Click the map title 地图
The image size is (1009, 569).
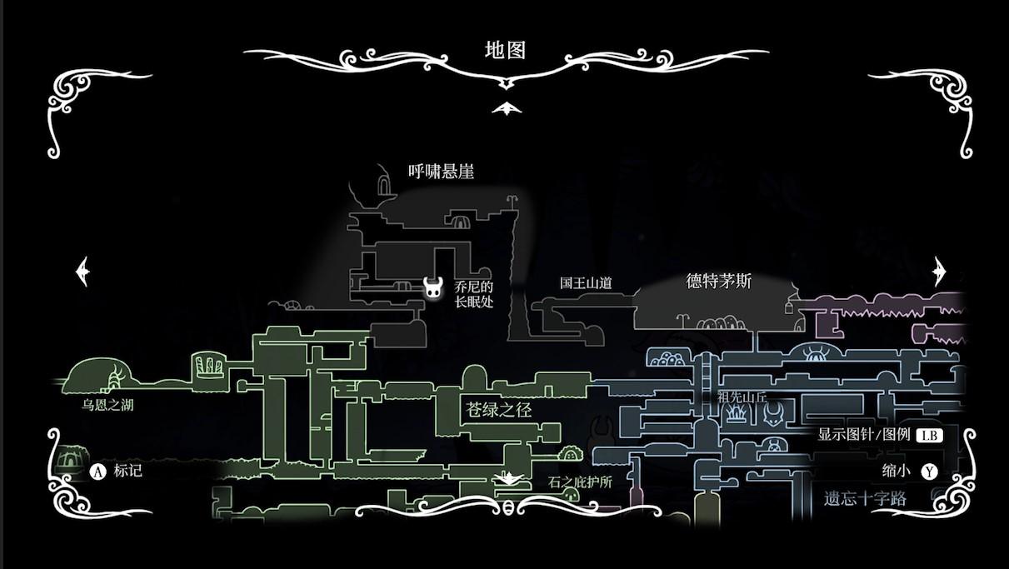505,50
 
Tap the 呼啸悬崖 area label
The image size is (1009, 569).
441,172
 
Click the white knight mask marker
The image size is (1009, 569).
433,288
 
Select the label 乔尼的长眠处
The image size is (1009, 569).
474,294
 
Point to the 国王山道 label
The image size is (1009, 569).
586,283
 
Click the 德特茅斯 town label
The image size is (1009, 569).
718,282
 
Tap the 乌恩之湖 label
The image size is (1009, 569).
107,406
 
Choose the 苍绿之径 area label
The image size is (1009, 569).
498,410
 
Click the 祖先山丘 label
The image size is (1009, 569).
742,397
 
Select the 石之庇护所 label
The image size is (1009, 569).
580,482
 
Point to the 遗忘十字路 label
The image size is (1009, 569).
865,499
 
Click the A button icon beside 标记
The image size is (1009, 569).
98,472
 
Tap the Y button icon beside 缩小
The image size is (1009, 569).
929,472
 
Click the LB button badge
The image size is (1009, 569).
929,435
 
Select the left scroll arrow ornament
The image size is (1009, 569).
82,272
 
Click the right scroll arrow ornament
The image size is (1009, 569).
940,272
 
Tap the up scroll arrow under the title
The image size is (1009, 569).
505,108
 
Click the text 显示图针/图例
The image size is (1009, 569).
863,435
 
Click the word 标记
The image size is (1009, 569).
127,471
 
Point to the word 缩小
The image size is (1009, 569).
897,471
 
